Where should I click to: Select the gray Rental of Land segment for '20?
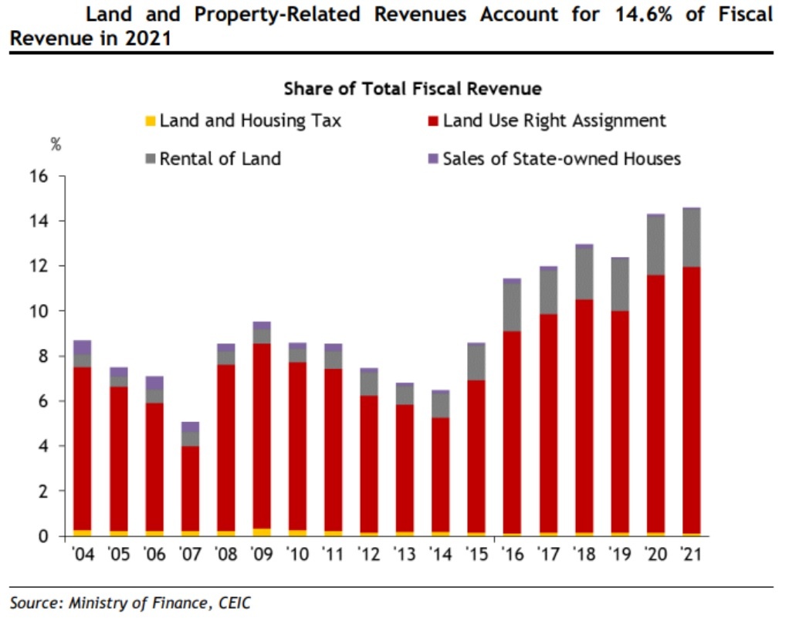655,245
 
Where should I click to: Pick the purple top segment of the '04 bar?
82,347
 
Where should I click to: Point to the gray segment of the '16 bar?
511,307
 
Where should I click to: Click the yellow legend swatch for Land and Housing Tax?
151,121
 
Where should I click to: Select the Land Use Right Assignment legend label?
554,120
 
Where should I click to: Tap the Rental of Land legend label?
220,159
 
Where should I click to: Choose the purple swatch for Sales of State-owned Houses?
433,160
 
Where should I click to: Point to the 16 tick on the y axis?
39,177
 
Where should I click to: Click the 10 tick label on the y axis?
39,312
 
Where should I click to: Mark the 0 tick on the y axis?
43,536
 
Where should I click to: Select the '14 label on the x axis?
440,554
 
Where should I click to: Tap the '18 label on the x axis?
584,554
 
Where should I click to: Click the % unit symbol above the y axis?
56,144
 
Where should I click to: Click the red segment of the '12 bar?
369,464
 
